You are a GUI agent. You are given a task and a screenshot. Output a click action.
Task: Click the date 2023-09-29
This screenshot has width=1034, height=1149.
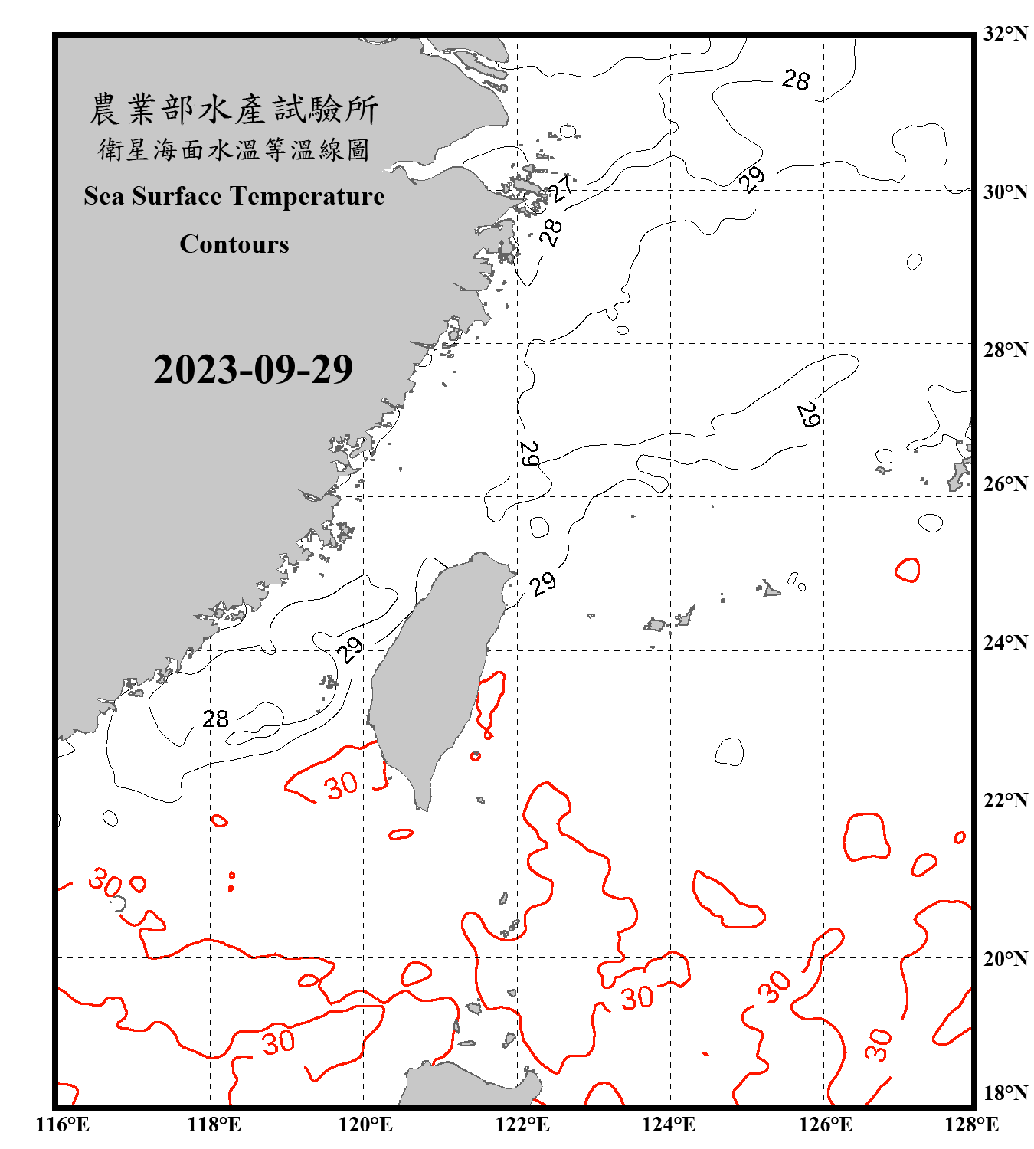pos(253,369)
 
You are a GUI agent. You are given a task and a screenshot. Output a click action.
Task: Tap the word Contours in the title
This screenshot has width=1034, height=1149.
pos(234,244)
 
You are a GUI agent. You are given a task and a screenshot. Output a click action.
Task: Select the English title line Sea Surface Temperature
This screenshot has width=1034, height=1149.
pos(234,196)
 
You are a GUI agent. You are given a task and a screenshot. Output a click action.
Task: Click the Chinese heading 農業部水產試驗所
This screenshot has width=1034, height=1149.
pos(234,109)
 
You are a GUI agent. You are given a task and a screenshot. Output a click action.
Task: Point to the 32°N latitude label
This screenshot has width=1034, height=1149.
pos(1006,34)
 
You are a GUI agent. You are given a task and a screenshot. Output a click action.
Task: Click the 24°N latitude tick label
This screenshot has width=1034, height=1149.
pos(1006,642)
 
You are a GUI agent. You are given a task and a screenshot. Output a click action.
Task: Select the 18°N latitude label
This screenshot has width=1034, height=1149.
pos(1006,1092)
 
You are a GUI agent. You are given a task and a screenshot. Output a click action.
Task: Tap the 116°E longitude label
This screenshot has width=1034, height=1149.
pos(62,1124)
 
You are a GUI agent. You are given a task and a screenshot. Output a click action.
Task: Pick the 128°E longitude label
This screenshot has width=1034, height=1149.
pos(971,1124)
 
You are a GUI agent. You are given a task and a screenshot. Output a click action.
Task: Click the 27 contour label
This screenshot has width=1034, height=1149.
pos(561,188)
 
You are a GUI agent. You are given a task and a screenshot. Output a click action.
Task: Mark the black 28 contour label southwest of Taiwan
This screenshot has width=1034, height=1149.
pos(215,719)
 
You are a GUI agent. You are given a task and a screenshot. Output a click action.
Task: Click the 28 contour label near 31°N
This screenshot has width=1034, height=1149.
pos(796,80)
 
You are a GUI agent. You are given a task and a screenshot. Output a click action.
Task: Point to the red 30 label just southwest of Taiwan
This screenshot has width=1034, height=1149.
pos(341,784)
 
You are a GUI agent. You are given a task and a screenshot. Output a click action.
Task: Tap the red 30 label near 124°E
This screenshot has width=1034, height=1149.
pos(637,997)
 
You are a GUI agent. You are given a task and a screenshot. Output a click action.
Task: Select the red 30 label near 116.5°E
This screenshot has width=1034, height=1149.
pos(105,882)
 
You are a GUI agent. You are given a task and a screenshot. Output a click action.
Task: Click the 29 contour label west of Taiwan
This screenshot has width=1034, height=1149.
pos(350,650)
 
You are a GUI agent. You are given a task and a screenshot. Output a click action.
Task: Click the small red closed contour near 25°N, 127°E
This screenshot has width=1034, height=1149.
pos(908,570)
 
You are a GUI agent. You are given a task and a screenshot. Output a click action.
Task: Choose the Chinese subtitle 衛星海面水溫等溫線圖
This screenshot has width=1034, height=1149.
pos(234,150)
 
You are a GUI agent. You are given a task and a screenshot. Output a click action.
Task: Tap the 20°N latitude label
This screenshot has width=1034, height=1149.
pos(1006,957)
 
